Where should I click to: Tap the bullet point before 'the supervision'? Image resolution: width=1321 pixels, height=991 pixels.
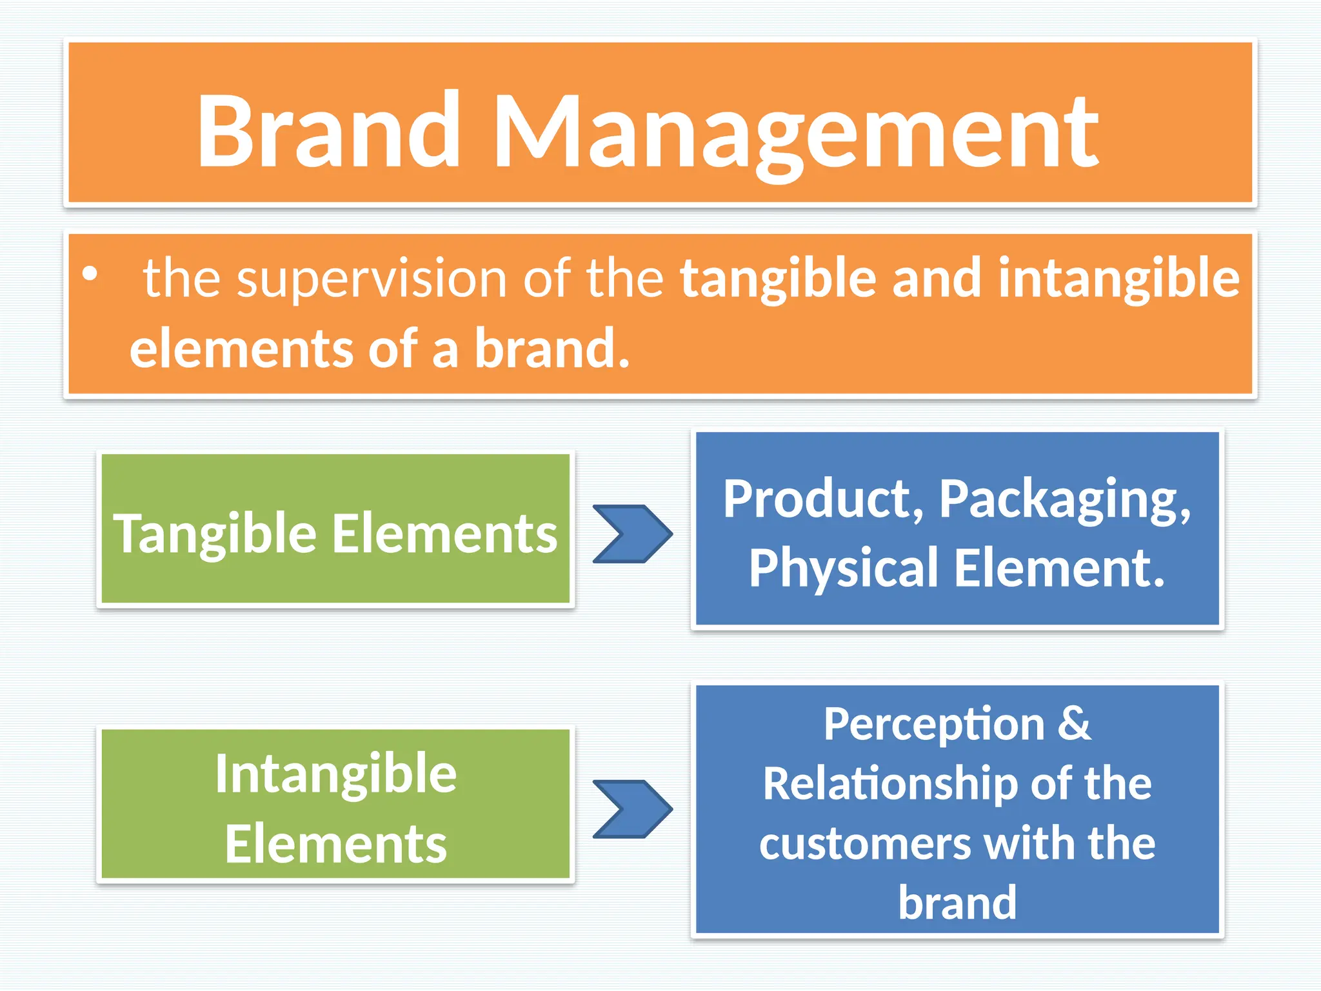coord(90,274)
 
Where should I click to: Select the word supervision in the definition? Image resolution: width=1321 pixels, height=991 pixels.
coord(372,279)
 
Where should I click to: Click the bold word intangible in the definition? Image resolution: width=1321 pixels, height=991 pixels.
coord(1118,279)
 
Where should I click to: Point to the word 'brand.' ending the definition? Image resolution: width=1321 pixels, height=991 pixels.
coord(552,349)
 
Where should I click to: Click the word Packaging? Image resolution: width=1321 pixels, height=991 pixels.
coord(1064,501)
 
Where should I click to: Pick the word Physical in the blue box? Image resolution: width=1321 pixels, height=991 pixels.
coord(844,568)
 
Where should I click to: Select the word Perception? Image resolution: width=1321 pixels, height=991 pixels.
coord(933,725)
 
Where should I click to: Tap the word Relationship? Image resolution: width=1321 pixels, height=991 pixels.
coord(889,785)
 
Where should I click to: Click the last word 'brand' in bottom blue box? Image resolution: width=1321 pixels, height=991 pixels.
coord(957,902)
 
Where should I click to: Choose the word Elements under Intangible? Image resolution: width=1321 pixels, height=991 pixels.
coord(335,845)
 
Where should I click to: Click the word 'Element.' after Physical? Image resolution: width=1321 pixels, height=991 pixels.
coord(1059,568)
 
